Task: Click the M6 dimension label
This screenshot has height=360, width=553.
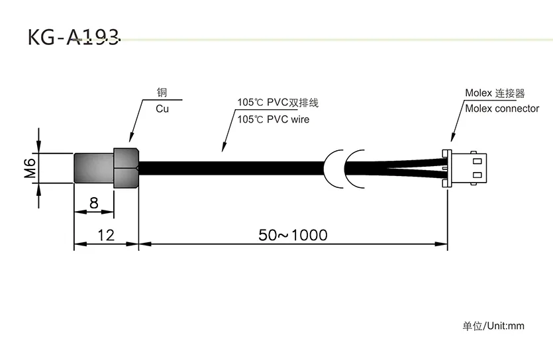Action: coord(30,168)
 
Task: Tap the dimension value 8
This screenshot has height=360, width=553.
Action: coord(93,203)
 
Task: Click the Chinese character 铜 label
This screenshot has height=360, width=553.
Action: coord(162,93)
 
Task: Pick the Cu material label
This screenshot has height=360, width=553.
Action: coord(162,109)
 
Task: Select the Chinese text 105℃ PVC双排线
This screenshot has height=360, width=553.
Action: coord(278,103)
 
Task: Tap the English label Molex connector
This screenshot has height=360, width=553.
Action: coord(502,109)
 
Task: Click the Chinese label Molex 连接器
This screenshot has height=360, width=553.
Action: coord(495,94)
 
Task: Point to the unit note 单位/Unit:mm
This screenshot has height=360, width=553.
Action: coord(493,326)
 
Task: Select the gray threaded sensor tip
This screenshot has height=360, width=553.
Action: coord(93,168)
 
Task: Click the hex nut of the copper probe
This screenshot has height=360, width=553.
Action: coord(125,168)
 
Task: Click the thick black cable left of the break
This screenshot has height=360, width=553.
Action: coord(232,168)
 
